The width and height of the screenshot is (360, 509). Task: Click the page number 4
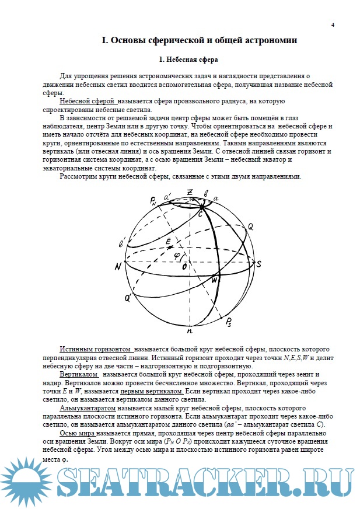[x=333, y=25]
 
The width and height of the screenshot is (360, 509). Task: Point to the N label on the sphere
[x=118, y=266]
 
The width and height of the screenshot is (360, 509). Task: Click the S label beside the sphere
[x=258, y=264]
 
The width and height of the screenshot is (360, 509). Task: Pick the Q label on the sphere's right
[x=250, y=225]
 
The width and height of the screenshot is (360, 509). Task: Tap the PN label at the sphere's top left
[x=153, y=202]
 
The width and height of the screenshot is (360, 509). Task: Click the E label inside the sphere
[x=168, y=240]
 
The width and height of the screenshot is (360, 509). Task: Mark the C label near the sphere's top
[x=200, y=215]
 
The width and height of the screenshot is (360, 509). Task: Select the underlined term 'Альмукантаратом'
[x=87, y=409]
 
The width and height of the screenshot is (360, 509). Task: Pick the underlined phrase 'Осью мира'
[x=74, y=435]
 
